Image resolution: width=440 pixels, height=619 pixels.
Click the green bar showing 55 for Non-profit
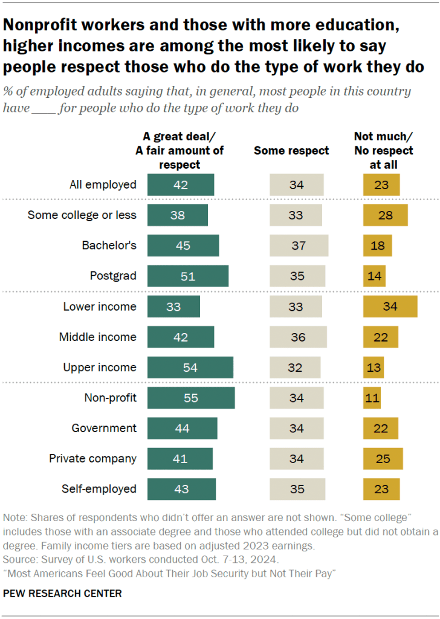[x=191, y=398]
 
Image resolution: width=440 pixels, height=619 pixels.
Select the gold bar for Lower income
[x=390, y=306]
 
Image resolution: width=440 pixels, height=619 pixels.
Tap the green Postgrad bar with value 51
[x=188, y=276]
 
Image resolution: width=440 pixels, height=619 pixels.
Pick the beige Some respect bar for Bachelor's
[x=299, y=245]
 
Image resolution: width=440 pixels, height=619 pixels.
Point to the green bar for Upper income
[x=190, y=368]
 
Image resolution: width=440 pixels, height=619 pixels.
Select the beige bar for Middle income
[x=298, y=337]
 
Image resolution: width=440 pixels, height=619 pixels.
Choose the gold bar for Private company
[x=383, y=459]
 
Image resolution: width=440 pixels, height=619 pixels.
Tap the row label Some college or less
[x=82, y=215]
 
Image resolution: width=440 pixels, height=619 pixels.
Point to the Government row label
[x=104, y=428]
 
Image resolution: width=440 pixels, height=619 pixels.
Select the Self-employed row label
[x=100, y=489]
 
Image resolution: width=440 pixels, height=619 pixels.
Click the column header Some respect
[x=291, y=151]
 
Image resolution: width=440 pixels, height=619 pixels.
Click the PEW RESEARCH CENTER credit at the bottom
[x=62, y=594]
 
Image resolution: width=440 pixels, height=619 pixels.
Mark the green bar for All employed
[x=181, y=184]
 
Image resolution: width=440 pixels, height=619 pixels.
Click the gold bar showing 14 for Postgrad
[x=374, y=276]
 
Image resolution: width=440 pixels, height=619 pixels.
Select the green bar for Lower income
[x=173, y=306]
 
